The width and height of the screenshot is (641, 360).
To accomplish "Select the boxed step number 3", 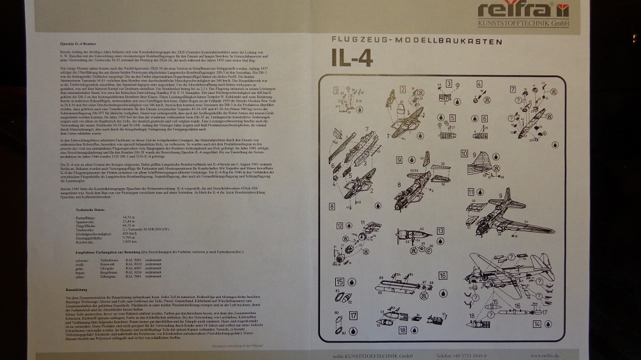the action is [448, 84].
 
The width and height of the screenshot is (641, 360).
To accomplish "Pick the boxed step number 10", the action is [464, 153].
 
